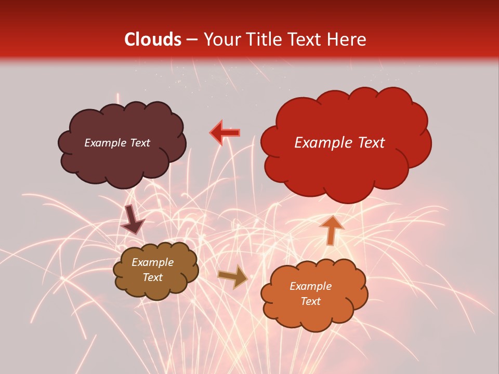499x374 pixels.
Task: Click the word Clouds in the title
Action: click(x=153, y=39)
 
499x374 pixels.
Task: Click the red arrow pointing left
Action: click(x=225, y=133)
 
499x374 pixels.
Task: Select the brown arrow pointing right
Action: click(x=233, y=277)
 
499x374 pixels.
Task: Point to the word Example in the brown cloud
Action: click(x=152, y=263)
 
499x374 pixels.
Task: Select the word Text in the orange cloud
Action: click(x=310, y=301)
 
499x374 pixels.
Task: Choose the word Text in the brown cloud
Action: click(x=152, y=278)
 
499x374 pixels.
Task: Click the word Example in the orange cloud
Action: click(x=310, y=286)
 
